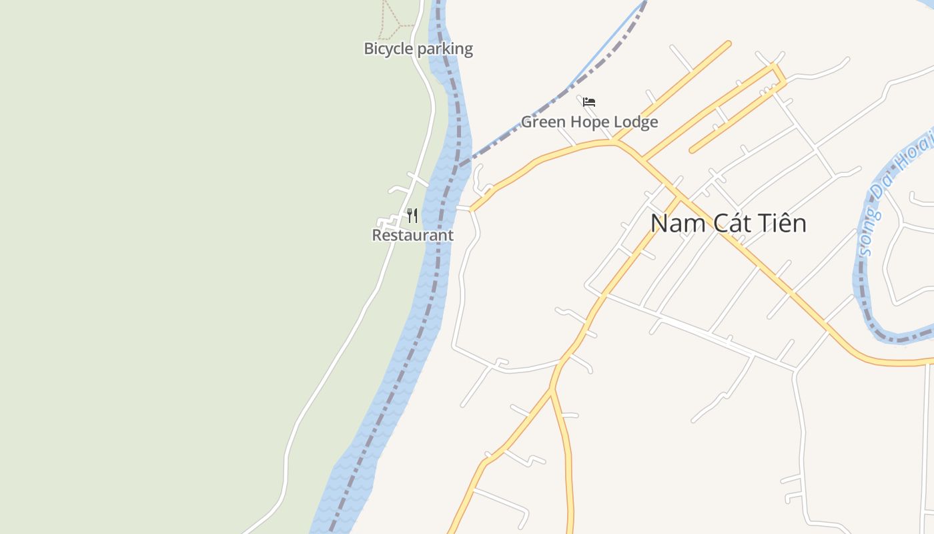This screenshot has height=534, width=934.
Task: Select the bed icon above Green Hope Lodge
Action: coord(588,102)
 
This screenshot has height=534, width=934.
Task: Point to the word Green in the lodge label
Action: coord(540,122)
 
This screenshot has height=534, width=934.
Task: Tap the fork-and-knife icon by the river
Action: coord(412,216)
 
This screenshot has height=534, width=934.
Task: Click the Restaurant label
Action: coord(412,236)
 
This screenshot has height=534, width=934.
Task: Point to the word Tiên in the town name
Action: coord(785,222)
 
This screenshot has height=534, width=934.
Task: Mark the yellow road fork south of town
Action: coord(552,390)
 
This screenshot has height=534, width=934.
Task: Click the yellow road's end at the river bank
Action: coord(472,210)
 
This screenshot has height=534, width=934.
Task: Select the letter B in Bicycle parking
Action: coord(368,49)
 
